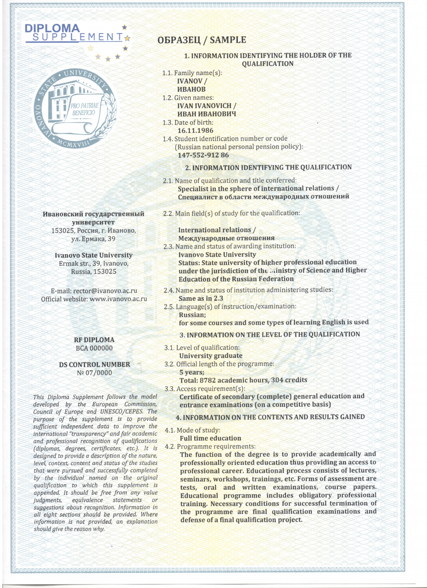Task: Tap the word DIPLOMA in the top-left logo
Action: click(x=52, y=28)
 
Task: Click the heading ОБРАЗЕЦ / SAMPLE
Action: click(x=202, y=40)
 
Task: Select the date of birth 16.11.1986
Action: click(x=195, y=130)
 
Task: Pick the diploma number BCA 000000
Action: click(x=94, y=348)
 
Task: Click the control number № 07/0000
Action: click(x=94, y=373)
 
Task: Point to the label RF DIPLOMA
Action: click(x=94, y=340)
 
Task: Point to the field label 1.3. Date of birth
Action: click(x=188, y=123)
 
